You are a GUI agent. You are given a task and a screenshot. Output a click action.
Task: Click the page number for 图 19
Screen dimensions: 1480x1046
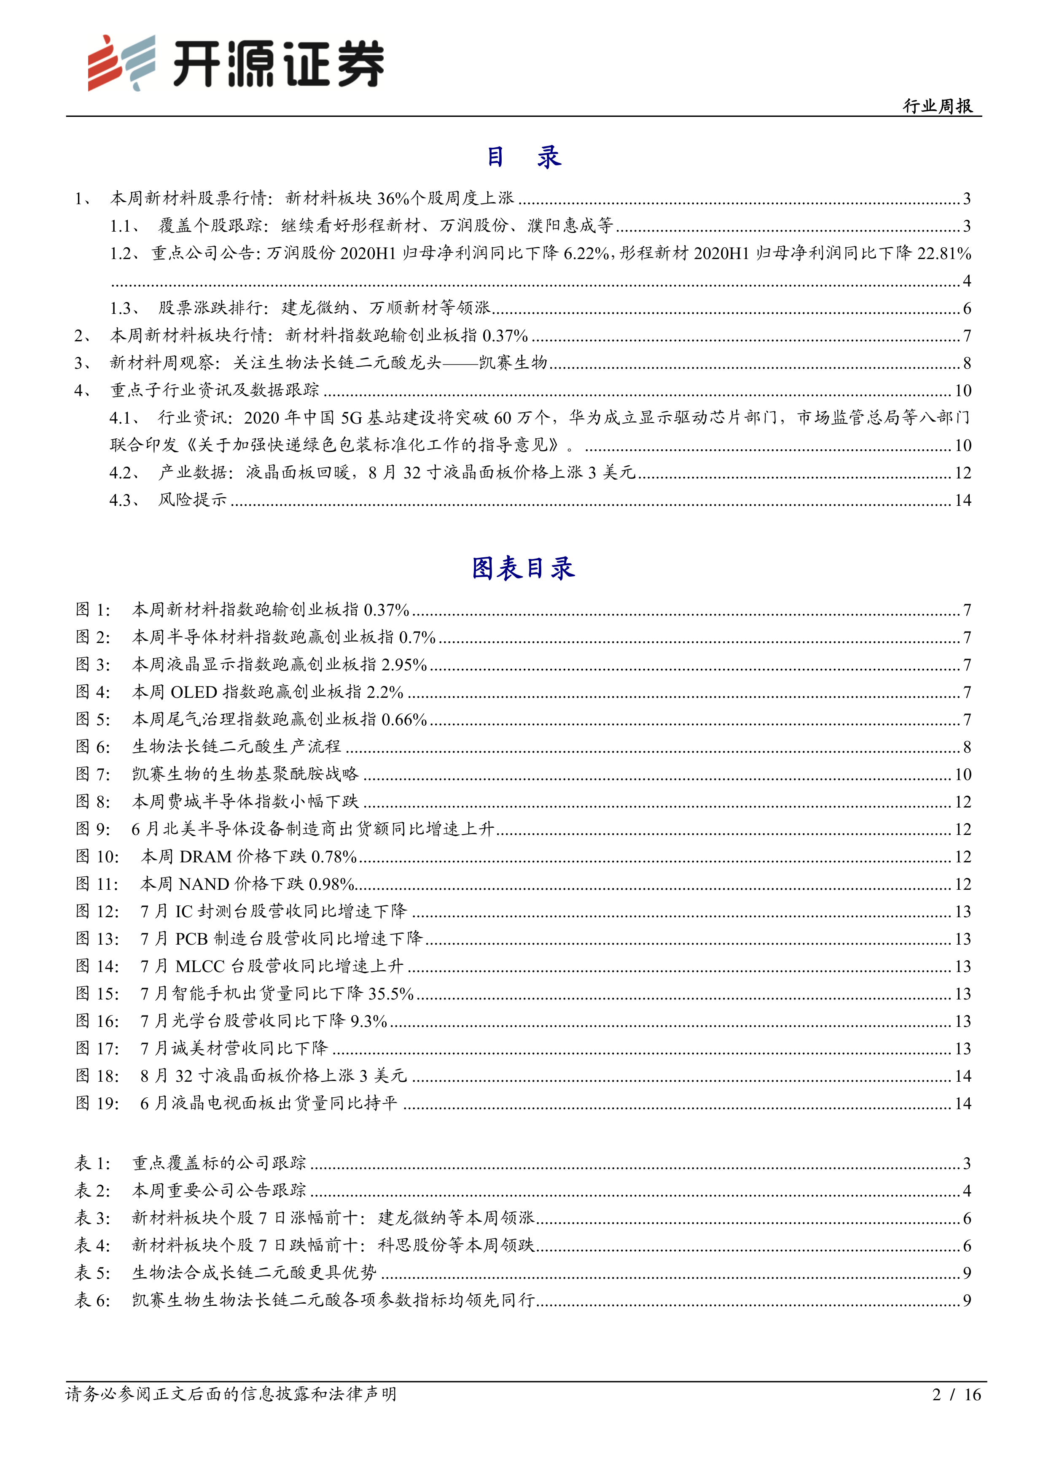[x=962, y=1104]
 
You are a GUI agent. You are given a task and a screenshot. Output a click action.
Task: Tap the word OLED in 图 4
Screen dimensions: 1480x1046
[x=193, y=692]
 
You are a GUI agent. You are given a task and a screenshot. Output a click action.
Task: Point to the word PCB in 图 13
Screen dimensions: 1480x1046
[x=191, y=939]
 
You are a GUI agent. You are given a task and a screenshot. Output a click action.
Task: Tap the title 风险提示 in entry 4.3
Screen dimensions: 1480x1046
[x=193, y=500]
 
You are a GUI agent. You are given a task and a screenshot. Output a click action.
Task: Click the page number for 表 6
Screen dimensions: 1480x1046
[x=966, y=1300]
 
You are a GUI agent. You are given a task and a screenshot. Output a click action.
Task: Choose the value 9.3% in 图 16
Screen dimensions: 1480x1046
[x=368, y=1021]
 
